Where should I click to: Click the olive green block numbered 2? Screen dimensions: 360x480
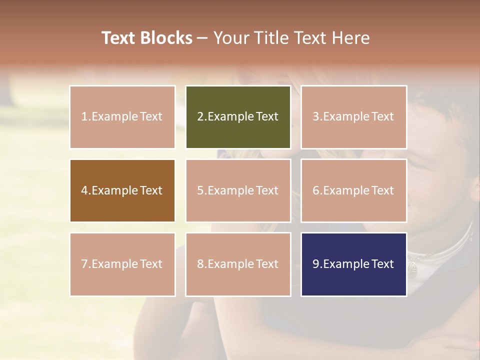coord(238,117)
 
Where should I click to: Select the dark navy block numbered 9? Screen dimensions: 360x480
coord(353,264)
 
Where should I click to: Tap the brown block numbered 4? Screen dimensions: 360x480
coord(122,190)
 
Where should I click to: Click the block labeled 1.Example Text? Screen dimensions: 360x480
coord(122,117)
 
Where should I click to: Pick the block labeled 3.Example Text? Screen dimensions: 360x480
coord(353,117)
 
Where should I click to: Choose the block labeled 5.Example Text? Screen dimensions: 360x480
coord(238,190)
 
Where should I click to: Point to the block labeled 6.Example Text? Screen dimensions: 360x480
coord(353,190)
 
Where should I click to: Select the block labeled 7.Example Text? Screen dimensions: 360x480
coord(122,264)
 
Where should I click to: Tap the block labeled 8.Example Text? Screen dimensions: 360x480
coord(238,264)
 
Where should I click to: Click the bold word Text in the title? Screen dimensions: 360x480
coord(118,38)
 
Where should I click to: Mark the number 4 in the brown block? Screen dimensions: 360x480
coord(84,190)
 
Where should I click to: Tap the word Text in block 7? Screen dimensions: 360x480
coord(151,264)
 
